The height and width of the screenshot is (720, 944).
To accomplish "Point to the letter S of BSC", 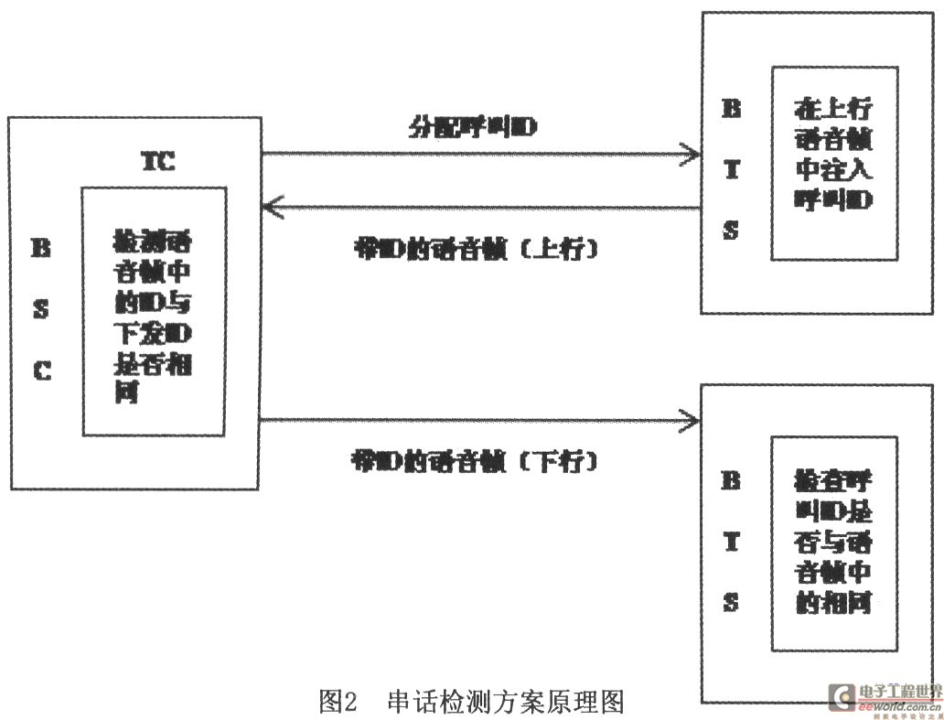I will point(41,309).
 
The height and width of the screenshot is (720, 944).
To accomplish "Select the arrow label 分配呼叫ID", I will point(472,128).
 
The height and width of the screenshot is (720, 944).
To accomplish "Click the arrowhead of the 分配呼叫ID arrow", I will point(691,156).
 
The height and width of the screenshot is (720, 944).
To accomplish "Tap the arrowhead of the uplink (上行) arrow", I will point(271,208).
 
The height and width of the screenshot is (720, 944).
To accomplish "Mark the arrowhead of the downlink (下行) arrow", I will point(691,421).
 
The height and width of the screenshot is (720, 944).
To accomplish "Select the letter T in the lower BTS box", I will point(731,541).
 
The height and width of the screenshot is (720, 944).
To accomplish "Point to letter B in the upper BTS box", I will point(731,110).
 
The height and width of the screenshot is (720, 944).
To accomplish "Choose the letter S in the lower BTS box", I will point(731,603).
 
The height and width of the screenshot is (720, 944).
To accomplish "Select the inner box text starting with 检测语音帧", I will point(154,312).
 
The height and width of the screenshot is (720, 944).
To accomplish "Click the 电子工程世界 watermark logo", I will point(884,697).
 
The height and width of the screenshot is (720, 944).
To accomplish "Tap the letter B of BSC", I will point(41,248).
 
